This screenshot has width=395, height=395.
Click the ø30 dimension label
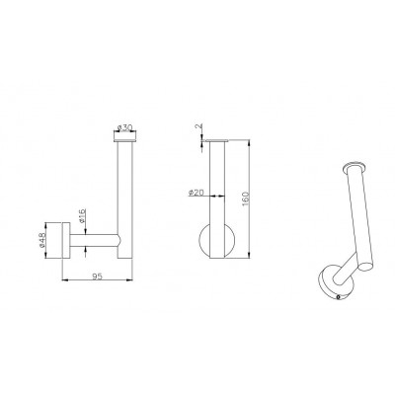click(125, 127)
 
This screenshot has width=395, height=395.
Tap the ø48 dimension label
click(41, 241)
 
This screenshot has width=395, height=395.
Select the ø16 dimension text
click(83, 215)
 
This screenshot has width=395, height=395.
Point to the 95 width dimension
click(98, 276)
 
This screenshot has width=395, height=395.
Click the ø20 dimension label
click(196, 193)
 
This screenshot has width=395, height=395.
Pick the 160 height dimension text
click(246, 198)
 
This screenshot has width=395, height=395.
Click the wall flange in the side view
click(66, 241)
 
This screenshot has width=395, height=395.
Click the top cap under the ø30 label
click(125, 141)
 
